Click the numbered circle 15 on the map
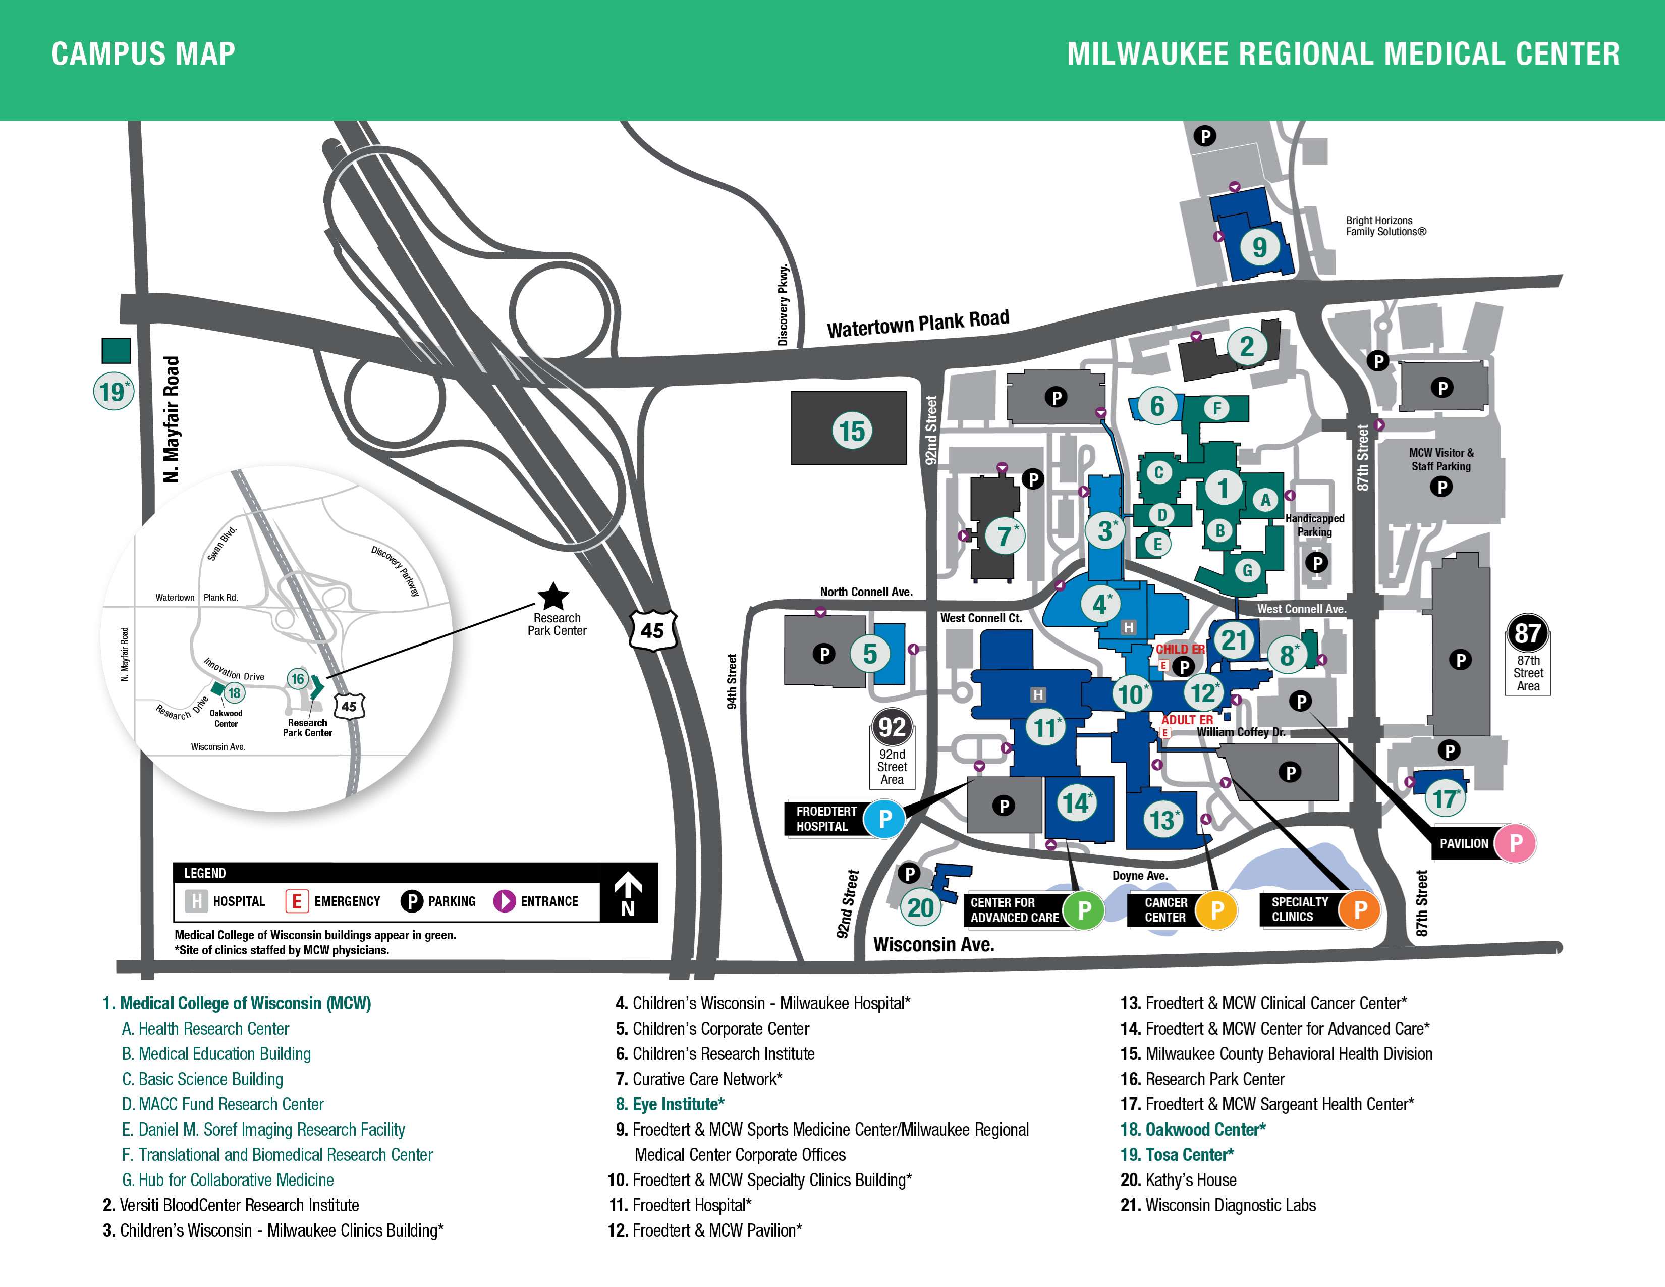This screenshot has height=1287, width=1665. coord(852,431)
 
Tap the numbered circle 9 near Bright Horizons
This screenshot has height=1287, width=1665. coord(1259,246)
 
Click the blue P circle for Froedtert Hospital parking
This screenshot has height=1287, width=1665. coord(884,819)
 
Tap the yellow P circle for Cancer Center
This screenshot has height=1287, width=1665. coord(1217,909)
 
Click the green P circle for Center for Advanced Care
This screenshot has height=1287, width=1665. coord(1083,909)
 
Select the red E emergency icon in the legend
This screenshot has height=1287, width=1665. coord(296,901)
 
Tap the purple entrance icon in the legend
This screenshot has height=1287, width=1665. coord(504,901)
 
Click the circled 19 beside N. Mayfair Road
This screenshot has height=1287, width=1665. coord(112,392)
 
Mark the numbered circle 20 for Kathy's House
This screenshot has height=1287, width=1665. coord(920,907)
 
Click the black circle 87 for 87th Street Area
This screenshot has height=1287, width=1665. coord(1527,633)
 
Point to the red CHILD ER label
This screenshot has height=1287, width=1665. coord(1180,649)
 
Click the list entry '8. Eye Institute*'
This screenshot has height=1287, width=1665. coord(678,1104)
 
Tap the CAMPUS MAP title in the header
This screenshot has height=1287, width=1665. coord(143,54)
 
